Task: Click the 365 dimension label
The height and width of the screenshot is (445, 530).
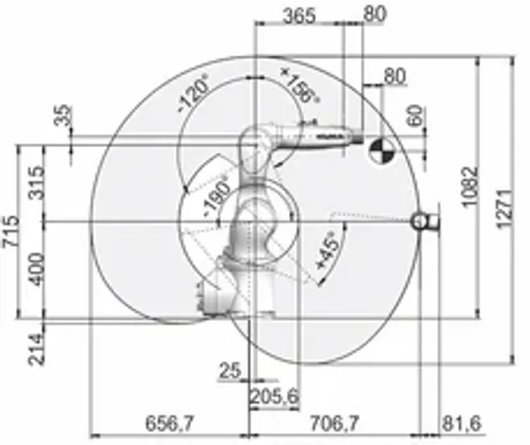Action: click(298, 15)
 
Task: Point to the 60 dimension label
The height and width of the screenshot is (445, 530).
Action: click(415, 116)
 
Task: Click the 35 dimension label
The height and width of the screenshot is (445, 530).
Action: click(63, 116)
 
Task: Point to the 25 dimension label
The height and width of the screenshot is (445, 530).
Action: click(230, 371)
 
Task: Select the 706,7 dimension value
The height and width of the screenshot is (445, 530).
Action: click(334, 423)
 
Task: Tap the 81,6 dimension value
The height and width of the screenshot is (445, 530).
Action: click(459, 423)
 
